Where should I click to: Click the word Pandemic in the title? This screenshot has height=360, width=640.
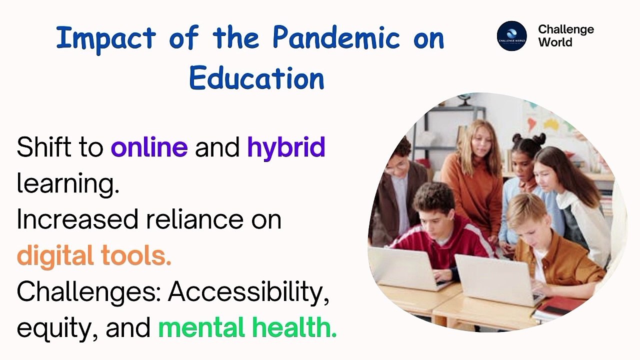[x=336, y=38]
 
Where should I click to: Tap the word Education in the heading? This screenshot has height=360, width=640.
[x=257, y=78]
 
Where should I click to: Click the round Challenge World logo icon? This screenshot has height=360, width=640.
[x=511, y=35]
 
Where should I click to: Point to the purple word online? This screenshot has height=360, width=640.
[x=149, y=147]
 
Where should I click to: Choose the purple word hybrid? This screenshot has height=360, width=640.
[x=286, y=148]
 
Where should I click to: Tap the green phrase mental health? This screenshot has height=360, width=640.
[x=247, y=328]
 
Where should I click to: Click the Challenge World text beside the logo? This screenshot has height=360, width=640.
[x=565, y=36]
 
